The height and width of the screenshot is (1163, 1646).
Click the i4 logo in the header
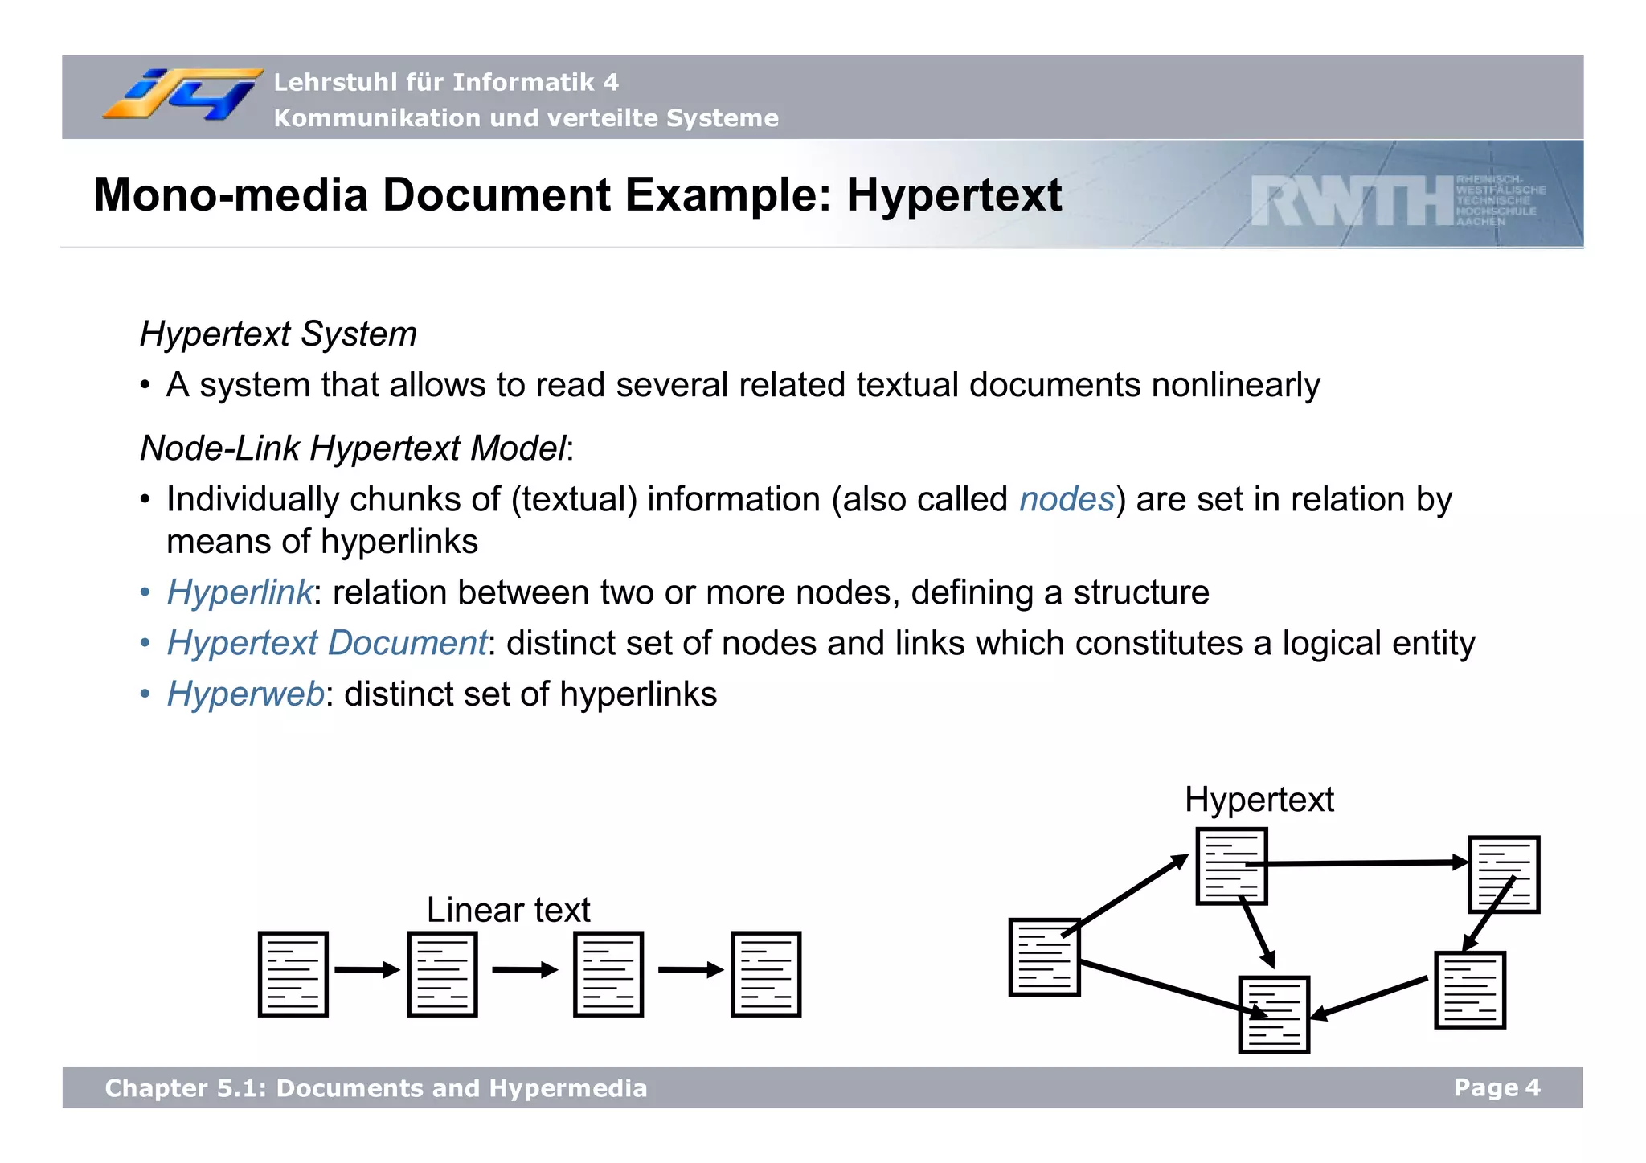point(183,95)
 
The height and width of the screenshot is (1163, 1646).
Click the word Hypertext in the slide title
point(954,195)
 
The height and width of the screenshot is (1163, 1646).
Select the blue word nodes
point(1067,499)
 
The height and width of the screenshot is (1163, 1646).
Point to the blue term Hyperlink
point(240,592)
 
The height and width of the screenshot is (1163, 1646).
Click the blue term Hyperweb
point(245,694)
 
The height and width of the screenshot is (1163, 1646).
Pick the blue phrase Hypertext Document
point(326,643)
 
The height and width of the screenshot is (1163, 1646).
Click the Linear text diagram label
point(508,910)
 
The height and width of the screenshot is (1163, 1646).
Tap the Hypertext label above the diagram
point(1259,800)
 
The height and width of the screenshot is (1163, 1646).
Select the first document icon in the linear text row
point(293,974)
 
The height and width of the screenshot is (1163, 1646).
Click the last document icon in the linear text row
point(766,974)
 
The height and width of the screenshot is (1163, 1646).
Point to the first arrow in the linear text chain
point(366,970)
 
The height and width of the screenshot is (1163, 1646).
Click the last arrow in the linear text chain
point(690,970)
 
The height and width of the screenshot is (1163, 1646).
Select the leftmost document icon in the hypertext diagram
point(1044,957)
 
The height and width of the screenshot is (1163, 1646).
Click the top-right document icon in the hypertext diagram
point(1504,874)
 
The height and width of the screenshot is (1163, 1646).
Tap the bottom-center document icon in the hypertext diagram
point(1274,1015)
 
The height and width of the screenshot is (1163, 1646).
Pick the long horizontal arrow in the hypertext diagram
point(1366,863)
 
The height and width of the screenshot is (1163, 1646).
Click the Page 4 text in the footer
point(1497,1087)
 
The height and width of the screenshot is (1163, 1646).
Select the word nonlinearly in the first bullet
point(1235,385)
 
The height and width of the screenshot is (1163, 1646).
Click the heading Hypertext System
point(278,334)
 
